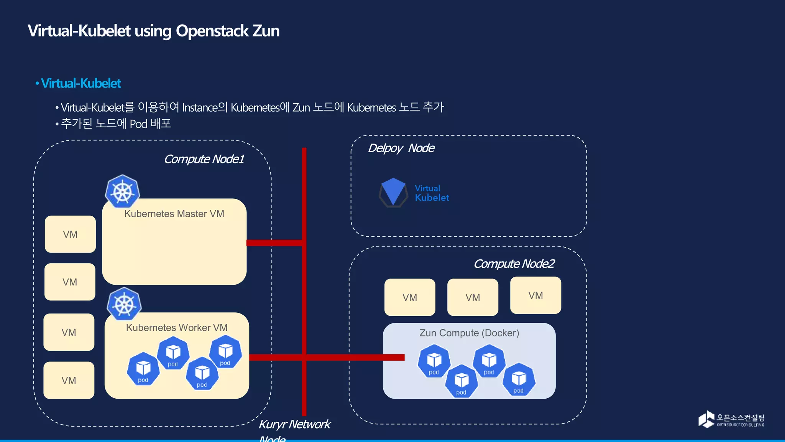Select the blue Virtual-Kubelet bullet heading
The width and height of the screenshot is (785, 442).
click(x=81, y=83)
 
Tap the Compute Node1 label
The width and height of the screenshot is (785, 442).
click(x=204, y=159)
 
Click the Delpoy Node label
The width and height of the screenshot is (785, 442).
click(x=401, y=148)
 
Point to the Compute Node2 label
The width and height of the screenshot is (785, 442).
click(x=514, y=264)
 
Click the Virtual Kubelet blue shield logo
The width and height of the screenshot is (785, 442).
click(x=393, y=192)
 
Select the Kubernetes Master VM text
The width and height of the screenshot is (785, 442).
click(x=174, y=214)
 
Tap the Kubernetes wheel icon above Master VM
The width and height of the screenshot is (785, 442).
click(x=122, y=191)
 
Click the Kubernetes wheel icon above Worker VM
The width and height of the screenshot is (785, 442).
click(x=124, y=304)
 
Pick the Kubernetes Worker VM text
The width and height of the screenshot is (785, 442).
click(x=177, y=328)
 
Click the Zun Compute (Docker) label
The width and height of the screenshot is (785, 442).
click(x=469, y=333)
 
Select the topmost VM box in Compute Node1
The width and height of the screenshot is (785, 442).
click(x=70, y=234)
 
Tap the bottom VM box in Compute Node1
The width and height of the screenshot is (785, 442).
click(x=69, y=380)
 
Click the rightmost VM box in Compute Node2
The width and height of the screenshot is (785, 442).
click(x=535, y=295)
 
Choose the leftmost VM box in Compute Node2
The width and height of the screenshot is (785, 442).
click(x=410, y=297)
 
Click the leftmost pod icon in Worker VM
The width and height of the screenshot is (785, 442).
click(x=143, y=369)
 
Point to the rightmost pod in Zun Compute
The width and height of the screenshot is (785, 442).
click(x=519, y=379)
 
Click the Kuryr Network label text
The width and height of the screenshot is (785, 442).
click(x=294, y=424)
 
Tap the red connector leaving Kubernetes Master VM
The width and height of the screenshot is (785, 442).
click(x=274, y=243)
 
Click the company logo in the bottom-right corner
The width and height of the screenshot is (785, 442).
click(x=731, y=419)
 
